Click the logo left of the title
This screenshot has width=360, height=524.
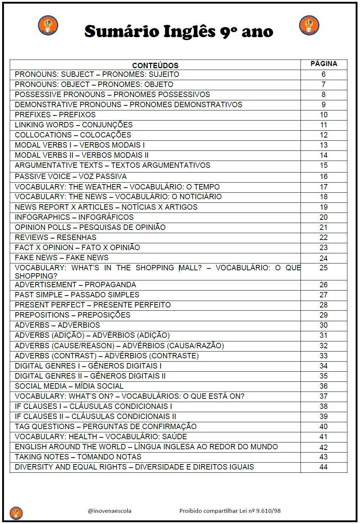coord(48,25)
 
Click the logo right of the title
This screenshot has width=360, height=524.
coord(309,25)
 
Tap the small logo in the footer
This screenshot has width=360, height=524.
coord(16,512)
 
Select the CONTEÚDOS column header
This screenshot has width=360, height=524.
coord(155,65)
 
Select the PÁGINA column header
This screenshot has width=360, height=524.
coord(324,64)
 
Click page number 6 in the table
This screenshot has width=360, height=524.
coord(324,74)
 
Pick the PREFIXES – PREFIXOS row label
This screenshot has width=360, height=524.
coord(55,115)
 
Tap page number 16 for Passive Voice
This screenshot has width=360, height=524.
coord(324,176)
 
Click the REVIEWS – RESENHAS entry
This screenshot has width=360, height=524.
coord(56,237)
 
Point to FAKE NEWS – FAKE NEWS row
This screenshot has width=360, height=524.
coord(62,258)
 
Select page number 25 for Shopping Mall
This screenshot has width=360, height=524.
coord(324,268)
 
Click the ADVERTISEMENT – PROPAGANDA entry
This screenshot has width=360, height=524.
coord(75,285)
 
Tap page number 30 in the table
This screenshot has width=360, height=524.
coord(324,325)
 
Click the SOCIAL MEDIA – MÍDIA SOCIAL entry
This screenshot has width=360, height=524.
coord(69,386)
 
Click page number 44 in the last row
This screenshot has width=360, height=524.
coord(324,467)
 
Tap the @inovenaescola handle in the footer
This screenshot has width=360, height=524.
coord(110,511)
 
